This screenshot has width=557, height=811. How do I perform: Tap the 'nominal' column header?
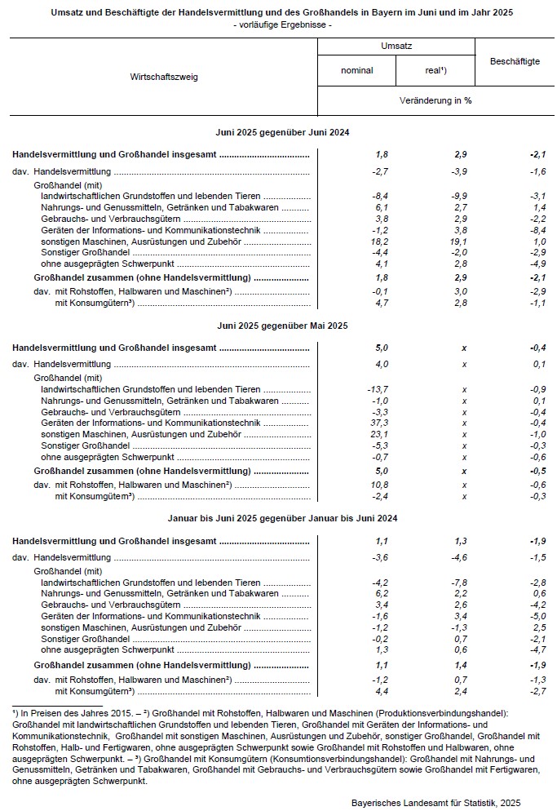[x=356, y=70]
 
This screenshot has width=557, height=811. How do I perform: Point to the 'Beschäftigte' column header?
[x=515, y=61]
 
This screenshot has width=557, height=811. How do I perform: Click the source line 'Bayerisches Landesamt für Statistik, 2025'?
[x=435, y=803]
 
